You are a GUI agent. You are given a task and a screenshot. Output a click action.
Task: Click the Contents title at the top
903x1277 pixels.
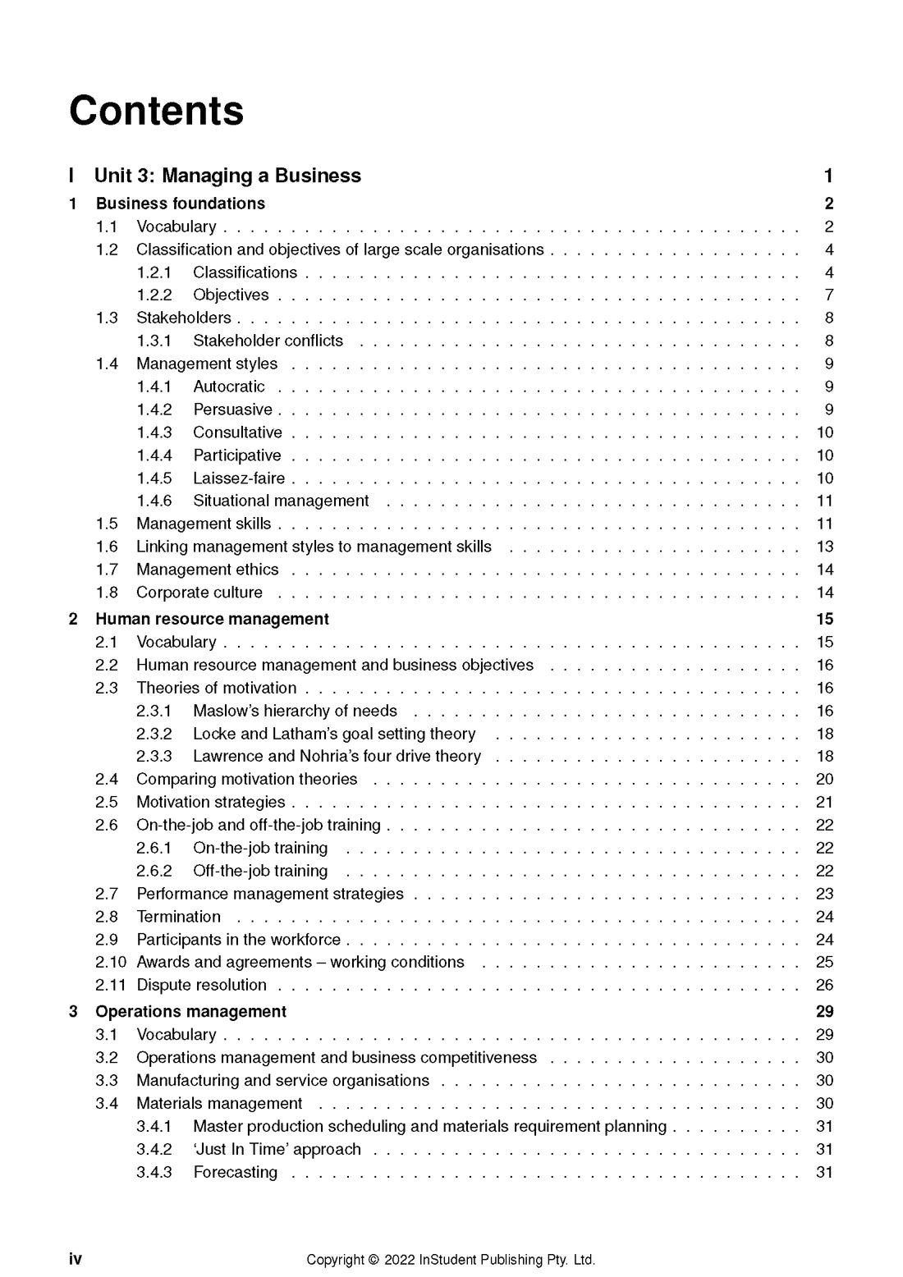(156, 111)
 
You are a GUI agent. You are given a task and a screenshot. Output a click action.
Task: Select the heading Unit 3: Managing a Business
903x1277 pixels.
(227, 176)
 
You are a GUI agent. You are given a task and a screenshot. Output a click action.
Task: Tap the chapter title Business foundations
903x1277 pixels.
(181, 204)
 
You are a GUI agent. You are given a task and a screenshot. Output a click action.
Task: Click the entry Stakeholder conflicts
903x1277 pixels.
(268, 341)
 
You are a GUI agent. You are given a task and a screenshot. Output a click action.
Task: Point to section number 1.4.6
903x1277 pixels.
(154, 501)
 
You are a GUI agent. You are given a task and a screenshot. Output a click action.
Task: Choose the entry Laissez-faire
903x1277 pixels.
(239, 478)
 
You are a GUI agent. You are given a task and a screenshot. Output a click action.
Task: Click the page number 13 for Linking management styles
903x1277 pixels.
(824, 547)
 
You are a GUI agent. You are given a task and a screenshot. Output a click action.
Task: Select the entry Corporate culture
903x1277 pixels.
(199, 593)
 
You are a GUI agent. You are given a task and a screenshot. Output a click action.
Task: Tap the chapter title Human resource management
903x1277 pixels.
(212, 619)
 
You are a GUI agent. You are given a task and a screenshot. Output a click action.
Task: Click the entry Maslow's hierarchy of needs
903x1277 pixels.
(295, 711)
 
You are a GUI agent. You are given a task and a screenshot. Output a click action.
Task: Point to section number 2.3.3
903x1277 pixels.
(154, 757)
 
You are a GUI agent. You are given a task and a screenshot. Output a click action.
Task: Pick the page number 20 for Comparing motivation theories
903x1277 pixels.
(824, 780)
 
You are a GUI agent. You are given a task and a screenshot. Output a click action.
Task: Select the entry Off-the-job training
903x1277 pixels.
(260, 871)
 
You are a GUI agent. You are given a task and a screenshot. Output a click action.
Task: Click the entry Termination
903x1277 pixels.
(178, 917)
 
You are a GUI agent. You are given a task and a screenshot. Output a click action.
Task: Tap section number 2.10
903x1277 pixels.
(111, 962)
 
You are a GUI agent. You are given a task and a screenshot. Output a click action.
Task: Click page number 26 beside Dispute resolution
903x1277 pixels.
(824, 985)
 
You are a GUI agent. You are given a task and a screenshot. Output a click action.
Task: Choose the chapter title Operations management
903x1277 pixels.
(191, 1012)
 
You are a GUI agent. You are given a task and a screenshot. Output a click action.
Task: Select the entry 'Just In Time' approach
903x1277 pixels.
(277, 1150)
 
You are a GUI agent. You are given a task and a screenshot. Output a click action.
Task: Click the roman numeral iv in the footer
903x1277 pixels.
(76, 1259)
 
